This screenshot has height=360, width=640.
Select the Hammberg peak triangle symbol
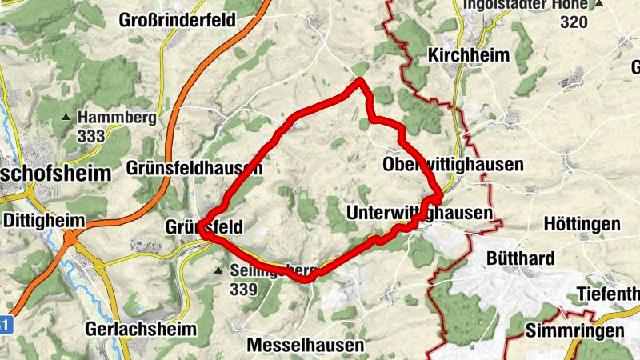(66, 118)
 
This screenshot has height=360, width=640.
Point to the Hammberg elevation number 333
(92, 136)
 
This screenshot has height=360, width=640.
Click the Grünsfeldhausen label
(194, 168)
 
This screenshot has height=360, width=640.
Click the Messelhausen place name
(306, 346)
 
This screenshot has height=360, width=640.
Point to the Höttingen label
(582, 224)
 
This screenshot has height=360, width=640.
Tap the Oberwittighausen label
(453, 165)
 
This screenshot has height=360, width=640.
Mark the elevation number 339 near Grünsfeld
(242, 289)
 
